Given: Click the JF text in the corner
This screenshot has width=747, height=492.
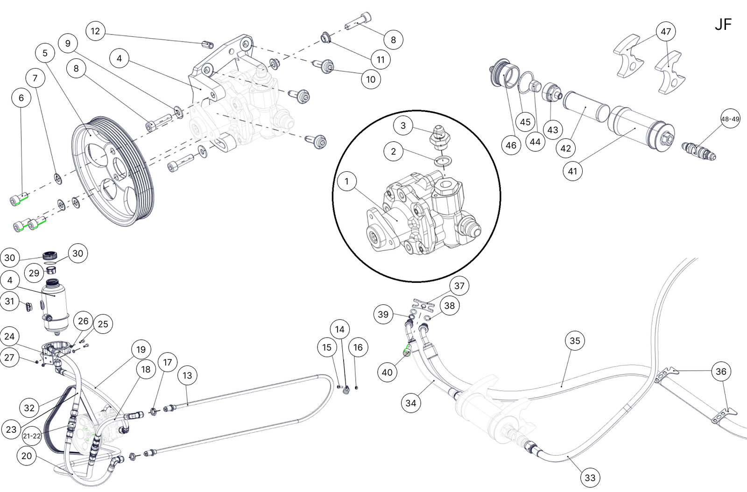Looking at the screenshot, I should pos(723,24).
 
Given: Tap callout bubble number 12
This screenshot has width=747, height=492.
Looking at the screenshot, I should pos(95,31).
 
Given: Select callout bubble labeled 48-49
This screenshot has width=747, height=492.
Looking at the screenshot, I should pos(730,119).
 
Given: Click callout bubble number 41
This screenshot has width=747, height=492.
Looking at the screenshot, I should pos(572,171).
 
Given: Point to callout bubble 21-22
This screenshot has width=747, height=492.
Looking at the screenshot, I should pos(31,436).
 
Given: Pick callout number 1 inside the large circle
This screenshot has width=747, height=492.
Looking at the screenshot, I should pos(346,181).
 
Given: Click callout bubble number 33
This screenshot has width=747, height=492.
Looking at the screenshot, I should pos(590,478).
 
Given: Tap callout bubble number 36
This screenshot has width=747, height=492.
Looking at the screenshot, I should pos(721,371).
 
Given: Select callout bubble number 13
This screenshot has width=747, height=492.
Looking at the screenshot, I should pos(187,375).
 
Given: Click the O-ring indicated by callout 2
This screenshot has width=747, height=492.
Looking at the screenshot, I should pos(443,162).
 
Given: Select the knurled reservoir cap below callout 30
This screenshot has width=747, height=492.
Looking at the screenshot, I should pos(49,256).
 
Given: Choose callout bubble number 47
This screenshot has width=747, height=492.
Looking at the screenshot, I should pos(666,31).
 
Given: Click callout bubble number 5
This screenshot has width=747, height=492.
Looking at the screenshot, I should pos(45,53).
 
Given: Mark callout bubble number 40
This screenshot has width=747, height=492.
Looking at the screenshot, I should pos(387,372).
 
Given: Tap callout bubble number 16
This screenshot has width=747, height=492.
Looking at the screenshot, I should pos(358,347).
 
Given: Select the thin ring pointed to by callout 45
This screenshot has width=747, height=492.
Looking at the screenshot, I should pos(526,82).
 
